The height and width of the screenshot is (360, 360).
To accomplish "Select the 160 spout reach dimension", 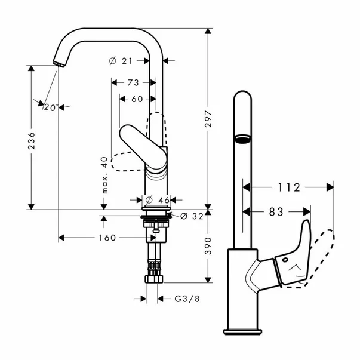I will tap(106, 238).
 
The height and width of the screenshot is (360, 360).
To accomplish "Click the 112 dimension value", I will tap(288, 187).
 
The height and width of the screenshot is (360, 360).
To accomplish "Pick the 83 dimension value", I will tap(277, 211).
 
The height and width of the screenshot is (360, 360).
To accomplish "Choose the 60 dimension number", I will tap(137, 99).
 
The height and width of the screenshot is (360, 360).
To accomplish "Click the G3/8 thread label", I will tap(186, 297).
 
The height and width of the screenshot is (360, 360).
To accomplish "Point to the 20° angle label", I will tap(51, 107).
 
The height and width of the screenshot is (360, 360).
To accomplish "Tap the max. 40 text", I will tap(104, 175).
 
